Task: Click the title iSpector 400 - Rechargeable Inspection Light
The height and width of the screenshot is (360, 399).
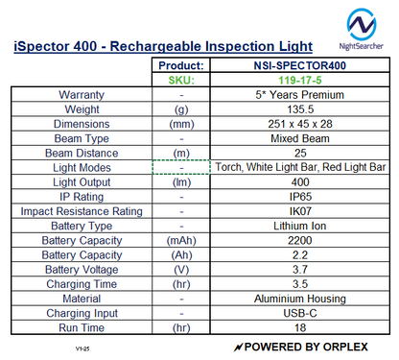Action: pyautogui.click(x=163, y=46)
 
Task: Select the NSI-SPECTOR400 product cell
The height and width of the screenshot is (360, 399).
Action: pyautogui.click(x=299, y=65)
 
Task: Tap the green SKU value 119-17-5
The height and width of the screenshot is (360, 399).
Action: pyautogui.click(x=299, y=81)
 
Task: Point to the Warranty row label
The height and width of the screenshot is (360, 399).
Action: pyautogui.click(x=82, y=95)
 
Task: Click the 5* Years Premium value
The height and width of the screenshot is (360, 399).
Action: pyautogui.click(x=299, y=95)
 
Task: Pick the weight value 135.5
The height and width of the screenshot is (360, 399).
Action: pyautogui.click(x=299, y=109)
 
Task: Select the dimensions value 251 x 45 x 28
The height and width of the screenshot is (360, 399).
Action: pyautogui.click(x=299, y=124)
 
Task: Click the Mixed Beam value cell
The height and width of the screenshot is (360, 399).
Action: pyautogui.click(x=299, y=138)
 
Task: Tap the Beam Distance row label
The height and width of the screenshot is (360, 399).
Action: pyautogui.click(x=82, y=153)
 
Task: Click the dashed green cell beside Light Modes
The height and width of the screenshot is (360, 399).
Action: pyautogui.click(x=181, y=167)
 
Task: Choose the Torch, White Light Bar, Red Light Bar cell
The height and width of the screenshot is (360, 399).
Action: pyautogui.click(x=299, y=167)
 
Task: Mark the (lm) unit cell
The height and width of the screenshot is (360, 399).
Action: pyautogui.click(x=181, y=181)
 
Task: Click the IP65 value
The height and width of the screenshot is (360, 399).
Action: pyautogui.click(x=299, y=196)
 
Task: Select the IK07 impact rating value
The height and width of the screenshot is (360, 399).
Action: pyautogui.click(x=299, y=210)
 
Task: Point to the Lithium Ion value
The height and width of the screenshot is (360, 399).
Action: pyautogui.click(x=299, y=225)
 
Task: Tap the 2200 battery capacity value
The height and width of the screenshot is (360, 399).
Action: pyautogui.click(x=299, y=240)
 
